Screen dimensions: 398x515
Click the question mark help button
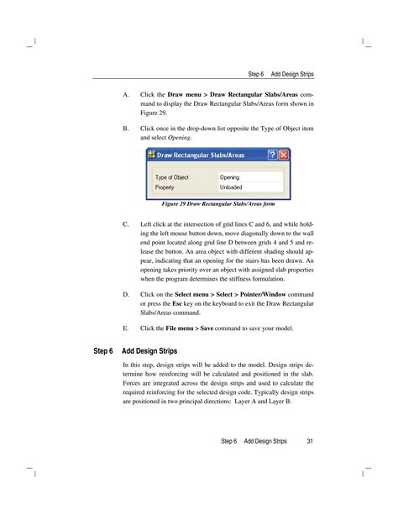click(x=272, y=155)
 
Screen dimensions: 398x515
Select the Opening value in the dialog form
click(x=230, y=177)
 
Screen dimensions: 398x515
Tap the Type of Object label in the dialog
click(x=172, y=177)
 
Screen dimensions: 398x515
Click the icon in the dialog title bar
click(x=152, y=155)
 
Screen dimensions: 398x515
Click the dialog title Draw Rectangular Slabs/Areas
click(x=200, y=155)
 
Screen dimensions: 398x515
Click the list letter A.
click(x=125, y=94)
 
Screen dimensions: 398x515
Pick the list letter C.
click(x=125, y=225)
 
